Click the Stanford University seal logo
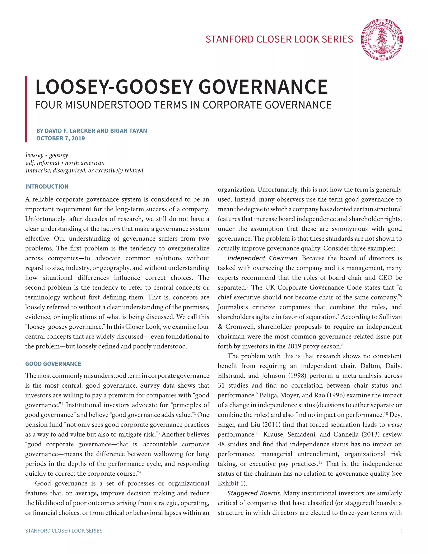(x=382, y=40)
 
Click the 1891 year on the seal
(x=382, y=56)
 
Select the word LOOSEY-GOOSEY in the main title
(x=117, y=87)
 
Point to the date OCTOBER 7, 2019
(x=60, y=138)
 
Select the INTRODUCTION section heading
(x=47, y=186)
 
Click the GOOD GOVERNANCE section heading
(x=53, y=364)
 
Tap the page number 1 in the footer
(x=401, y=531)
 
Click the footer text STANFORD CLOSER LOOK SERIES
(x=64, y=531)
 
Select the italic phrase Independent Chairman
(x=262, y=258)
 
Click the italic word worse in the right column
(x=395, y=425)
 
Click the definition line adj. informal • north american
(x=65, y=163)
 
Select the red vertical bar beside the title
(x=26, y=109)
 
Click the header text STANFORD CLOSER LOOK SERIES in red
(x=279, y=39)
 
